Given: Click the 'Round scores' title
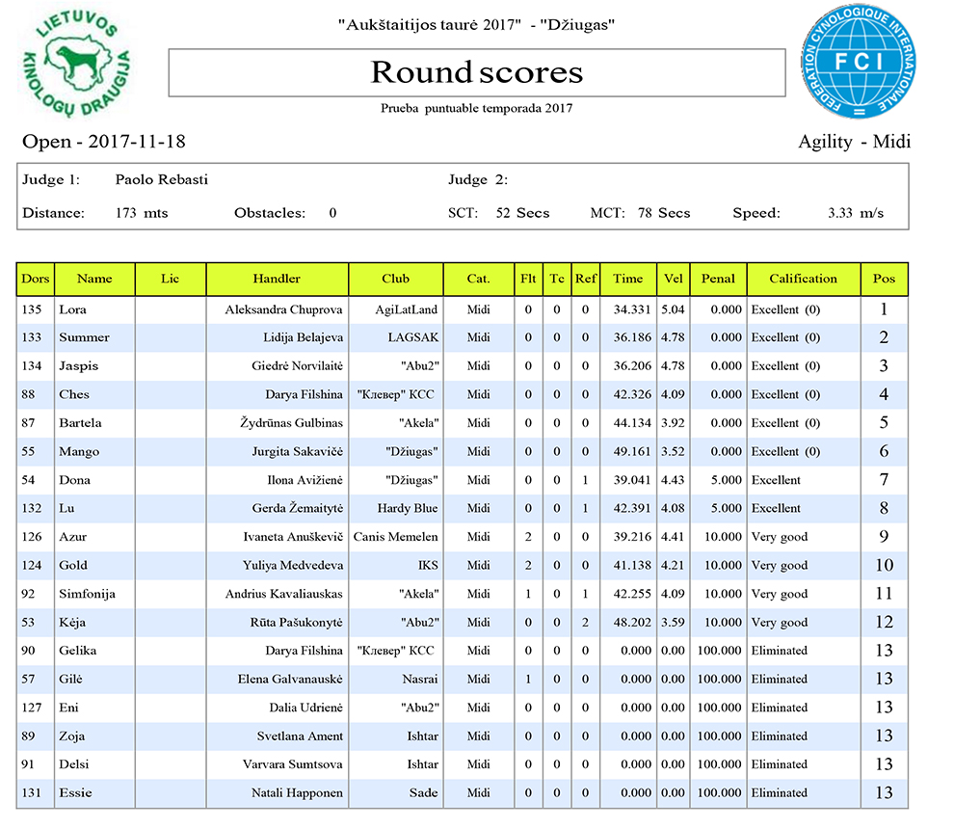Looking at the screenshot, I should tap(477, 72).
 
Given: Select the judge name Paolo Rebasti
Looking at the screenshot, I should tap(161, 179).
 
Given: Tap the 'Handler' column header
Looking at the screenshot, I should tap(277, 279).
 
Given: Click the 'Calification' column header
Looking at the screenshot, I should tap(803, 279).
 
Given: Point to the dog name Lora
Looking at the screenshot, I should tap(72, 309).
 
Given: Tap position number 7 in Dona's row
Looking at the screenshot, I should tap(884, 480).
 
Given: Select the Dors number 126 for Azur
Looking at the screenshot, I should tap(31, 537).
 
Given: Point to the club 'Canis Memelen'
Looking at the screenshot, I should tap(396, 537).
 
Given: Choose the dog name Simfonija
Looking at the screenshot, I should tap(87, 594).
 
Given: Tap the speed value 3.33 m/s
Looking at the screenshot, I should tap(855, 213).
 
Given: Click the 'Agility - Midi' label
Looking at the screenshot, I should tap(854, 142).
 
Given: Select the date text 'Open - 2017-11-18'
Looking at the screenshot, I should tap(104, 142).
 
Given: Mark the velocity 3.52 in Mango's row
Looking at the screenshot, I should tap(673, 451).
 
